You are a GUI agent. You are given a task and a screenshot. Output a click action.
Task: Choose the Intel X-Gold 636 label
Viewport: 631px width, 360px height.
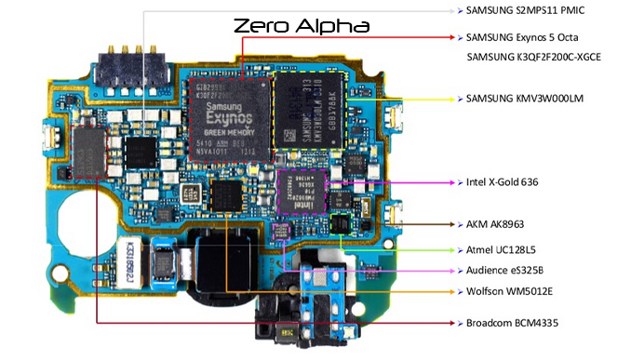[x=502, y=181]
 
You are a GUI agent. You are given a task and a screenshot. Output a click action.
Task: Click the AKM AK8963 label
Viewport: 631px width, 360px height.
[x=497, y=224]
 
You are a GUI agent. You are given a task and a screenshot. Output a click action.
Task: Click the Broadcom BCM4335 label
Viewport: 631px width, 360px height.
[x=509, y=323]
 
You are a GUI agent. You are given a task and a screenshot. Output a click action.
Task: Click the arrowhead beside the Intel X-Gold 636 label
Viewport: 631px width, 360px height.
[x=454, y=181]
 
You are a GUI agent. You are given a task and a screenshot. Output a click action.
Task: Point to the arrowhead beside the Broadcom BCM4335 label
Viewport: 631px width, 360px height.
[x=454, y=323]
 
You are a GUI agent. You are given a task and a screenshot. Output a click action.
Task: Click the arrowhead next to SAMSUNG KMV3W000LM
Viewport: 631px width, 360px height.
[x=454, y=98]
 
